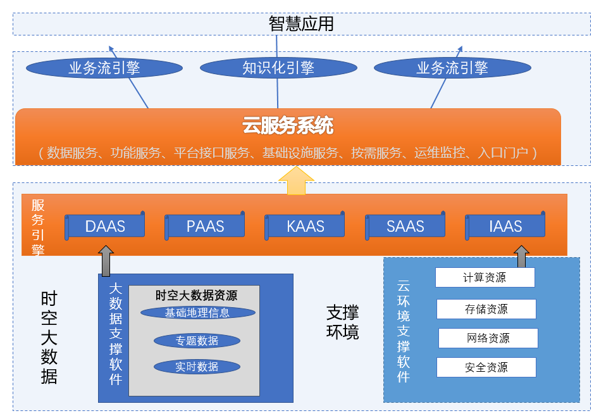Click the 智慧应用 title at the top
pyautogui.click(x=301, y=24)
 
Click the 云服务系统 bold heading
pyautogui.click(x=288, y=125)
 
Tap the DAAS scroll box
pyautogui.click(x=106, y=226)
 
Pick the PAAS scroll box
pyautogui.click(x=206, y=226)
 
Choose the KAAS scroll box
pyautogui.click(x=306, y=226)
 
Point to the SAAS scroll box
pyautogui.click(x=405, y=226)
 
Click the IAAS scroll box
pyautogui.click(x=505, y=226)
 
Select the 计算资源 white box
pyautogui.click(x=485, y=277)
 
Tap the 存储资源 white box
pyautogui.click(x=486, y=309)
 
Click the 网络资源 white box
pyautogui.click(x=488, y=338)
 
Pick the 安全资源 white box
pyautogui.click(x=486, y=367)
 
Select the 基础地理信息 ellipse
pyautogui.click(x=197, y=312)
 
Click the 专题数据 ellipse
pyautogui.click(x=197, y=341)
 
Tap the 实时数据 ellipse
pyautogui.click(x=197, y=366)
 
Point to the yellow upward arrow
pyautogui.click(x=296, y=180)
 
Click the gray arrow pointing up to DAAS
pyautogui.click(x=106, y=260)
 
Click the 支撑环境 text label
pyautogui.click(x=343, y=322)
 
